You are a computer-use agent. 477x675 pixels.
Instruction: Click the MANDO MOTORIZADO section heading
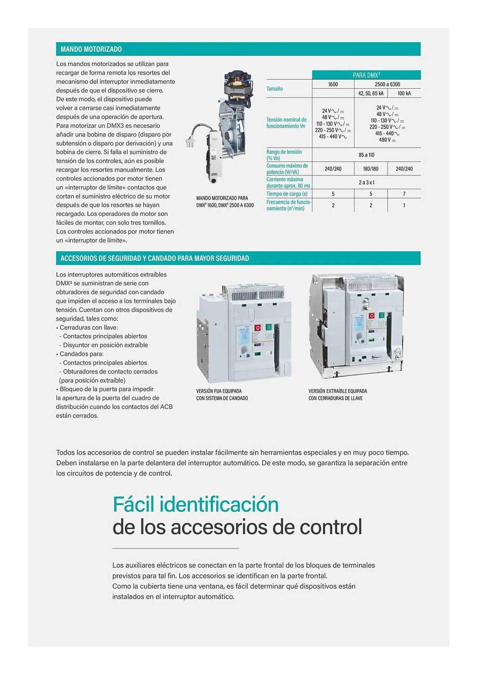pos(91,49)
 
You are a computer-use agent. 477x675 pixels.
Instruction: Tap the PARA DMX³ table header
pos(366,75)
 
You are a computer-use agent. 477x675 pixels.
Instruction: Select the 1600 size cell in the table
pos(333,84)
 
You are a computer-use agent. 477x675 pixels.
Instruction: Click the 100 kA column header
pos(404,93)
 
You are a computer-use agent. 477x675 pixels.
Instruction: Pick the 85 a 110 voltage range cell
pos(366,155)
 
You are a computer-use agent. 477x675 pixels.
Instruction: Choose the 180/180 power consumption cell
pos(371,169)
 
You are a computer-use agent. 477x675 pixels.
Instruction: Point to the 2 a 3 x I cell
pos(366,183)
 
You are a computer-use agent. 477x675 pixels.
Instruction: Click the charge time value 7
pos(404,194)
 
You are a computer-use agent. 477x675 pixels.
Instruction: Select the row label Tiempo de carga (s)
pos(287,194)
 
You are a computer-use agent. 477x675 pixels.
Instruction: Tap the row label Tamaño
pos(275,89)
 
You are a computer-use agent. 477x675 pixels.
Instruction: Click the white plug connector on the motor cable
pos(190,143)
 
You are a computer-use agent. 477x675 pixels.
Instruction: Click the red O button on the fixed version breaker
pos(258,328)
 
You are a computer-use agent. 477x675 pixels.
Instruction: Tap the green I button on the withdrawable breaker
pos(382,315)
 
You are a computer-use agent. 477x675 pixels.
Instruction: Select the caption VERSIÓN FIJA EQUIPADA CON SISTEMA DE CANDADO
pos(222,395)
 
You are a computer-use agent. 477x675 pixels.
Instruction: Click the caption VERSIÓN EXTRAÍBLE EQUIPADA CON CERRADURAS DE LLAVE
pos(338,395)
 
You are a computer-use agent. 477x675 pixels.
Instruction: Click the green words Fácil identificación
pos(196,504)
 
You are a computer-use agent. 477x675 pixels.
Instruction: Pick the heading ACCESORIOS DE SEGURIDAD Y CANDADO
pos(155,259)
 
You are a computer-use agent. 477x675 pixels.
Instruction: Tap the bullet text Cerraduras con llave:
pos(89,327)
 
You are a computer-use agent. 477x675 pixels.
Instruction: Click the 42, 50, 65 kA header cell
pos(371,93)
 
